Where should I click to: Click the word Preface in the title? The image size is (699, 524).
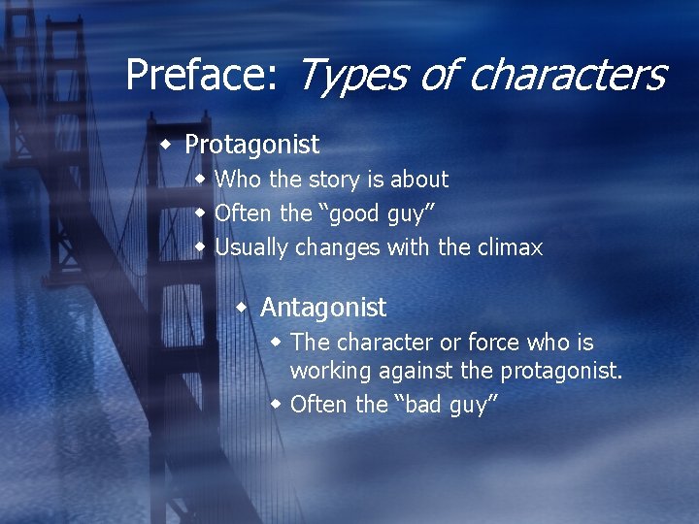coord(199,76)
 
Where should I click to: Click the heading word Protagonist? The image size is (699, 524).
coord(251,146)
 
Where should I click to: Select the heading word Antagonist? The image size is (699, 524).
coord(323,308)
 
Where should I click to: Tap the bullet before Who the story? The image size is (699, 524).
coord(200,179)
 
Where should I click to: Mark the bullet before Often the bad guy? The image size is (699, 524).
coord(276,404)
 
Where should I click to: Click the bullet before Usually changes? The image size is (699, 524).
coord(200,246)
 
